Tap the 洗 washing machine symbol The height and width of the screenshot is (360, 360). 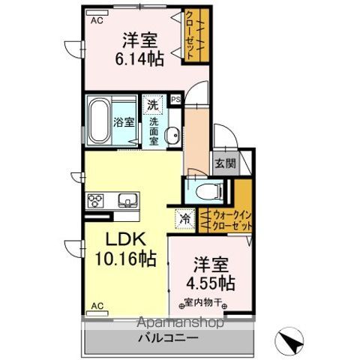coord(152,106)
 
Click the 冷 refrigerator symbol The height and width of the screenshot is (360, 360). coord(184,220)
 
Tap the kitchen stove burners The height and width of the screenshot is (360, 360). coord(97,200)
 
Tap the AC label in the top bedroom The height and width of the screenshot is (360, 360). coord(97,22)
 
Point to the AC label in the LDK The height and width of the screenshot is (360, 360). coord(97,306)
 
